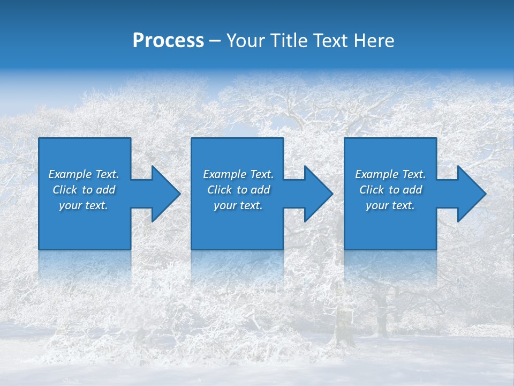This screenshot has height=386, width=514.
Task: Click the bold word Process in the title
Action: pos(168,41)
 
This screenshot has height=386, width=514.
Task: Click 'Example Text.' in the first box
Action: pos(84,174)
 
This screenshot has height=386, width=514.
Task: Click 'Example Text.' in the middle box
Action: pos(238,174)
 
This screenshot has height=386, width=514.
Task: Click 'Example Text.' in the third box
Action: pos(390,174)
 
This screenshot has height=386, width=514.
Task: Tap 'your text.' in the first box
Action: pos(84,205)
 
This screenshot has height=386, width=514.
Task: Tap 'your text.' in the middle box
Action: pos(238,205)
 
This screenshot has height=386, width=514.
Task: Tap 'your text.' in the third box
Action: pos(390,205)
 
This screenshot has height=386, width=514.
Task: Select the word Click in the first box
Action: pos(65,190)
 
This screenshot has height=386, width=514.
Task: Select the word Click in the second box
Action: pos(220,190)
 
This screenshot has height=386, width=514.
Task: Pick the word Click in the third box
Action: pos(372,190)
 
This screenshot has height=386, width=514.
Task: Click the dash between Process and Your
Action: pos(215,41)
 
